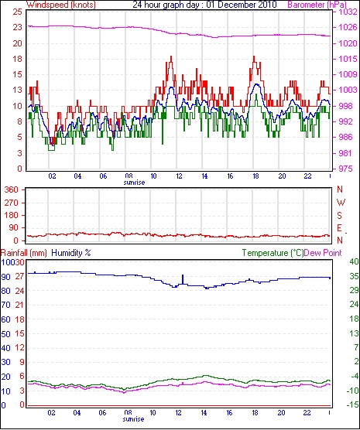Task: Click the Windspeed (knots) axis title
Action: [61, 5]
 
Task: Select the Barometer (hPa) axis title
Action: [317, 5]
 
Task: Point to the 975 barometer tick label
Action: [345, 169]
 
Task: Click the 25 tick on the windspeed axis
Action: [17, 12]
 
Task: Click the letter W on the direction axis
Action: [341, 203]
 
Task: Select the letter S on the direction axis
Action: [340, 216]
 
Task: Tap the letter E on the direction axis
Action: [340, 228]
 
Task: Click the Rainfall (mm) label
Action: [24, 253]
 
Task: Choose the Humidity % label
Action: [71, 253]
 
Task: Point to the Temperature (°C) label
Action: [273, 253]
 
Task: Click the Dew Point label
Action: [323, 253]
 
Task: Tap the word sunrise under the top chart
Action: [134, 183]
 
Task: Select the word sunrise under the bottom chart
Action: [133, 419]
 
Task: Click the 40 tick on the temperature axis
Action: [354, 261]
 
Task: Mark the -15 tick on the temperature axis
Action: [351, 404]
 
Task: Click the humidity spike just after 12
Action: [183, 280]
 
